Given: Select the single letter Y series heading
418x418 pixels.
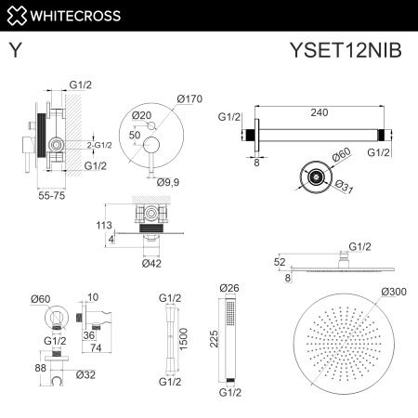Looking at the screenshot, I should point(16,51).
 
